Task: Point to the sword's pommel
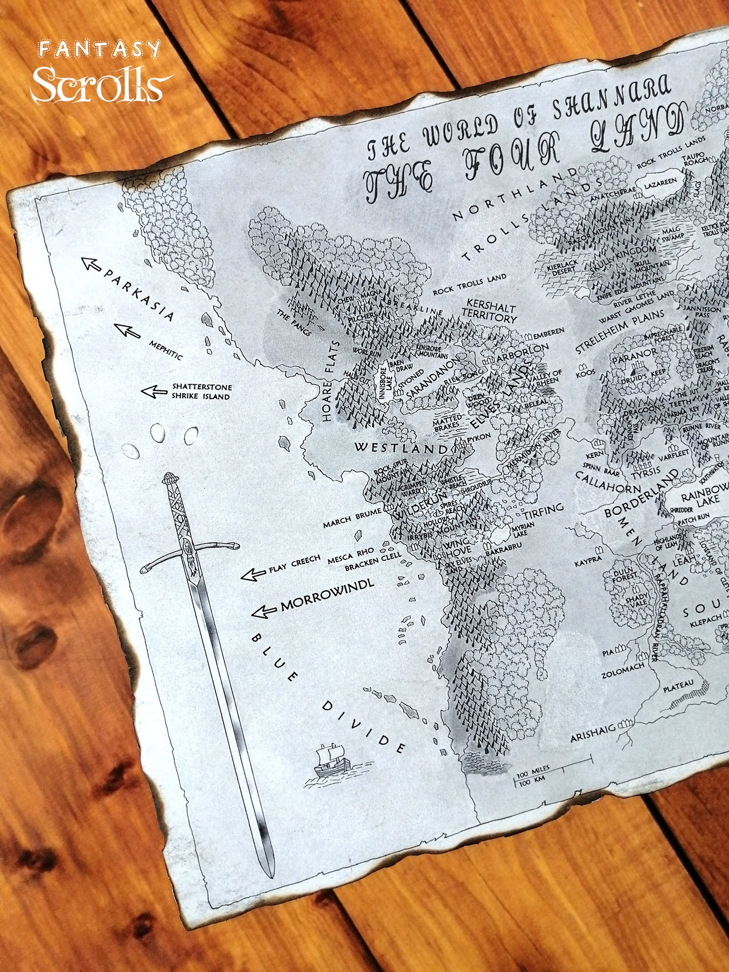click(170, 478)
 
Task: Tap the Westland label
click(401, 448)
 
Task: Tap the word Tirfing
click(543, 510)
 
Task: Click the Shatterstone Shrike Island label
click(201, 392)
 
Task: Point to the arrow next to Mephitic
click(127, 330)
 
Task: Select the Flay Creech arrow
click(254, 575)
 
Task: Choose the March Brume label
click(352, 518)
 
